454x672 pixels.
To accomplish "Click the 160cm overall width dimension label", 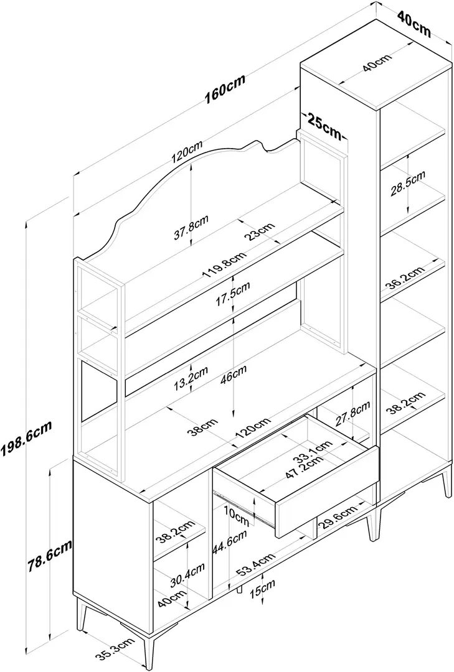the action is click(x=225, y=90).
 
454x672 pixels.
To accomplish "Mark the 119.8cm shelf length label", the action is click(x=225, y=264).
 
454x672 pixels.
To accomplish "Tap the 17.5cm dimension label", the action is click(x=232, y=294).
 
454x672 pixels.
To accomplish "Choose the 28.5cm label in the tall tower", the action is click(x=408, y=184).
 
